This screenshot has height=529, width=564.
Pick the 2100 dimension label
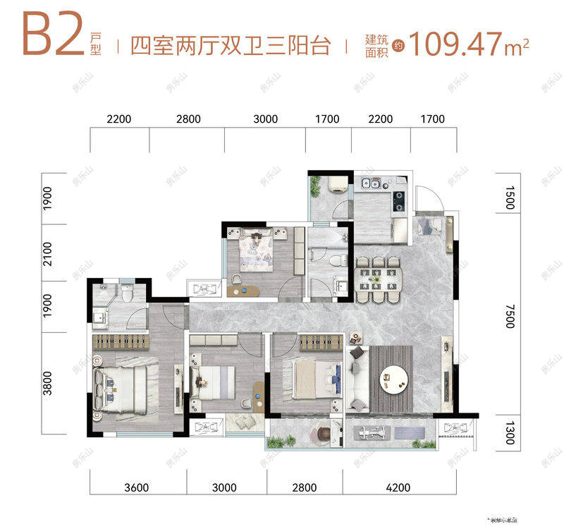[48, 253]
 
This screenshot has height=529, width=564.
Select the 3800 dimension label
[48, 384]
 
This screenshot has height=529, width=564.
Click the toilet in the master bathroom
[127, 293]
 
